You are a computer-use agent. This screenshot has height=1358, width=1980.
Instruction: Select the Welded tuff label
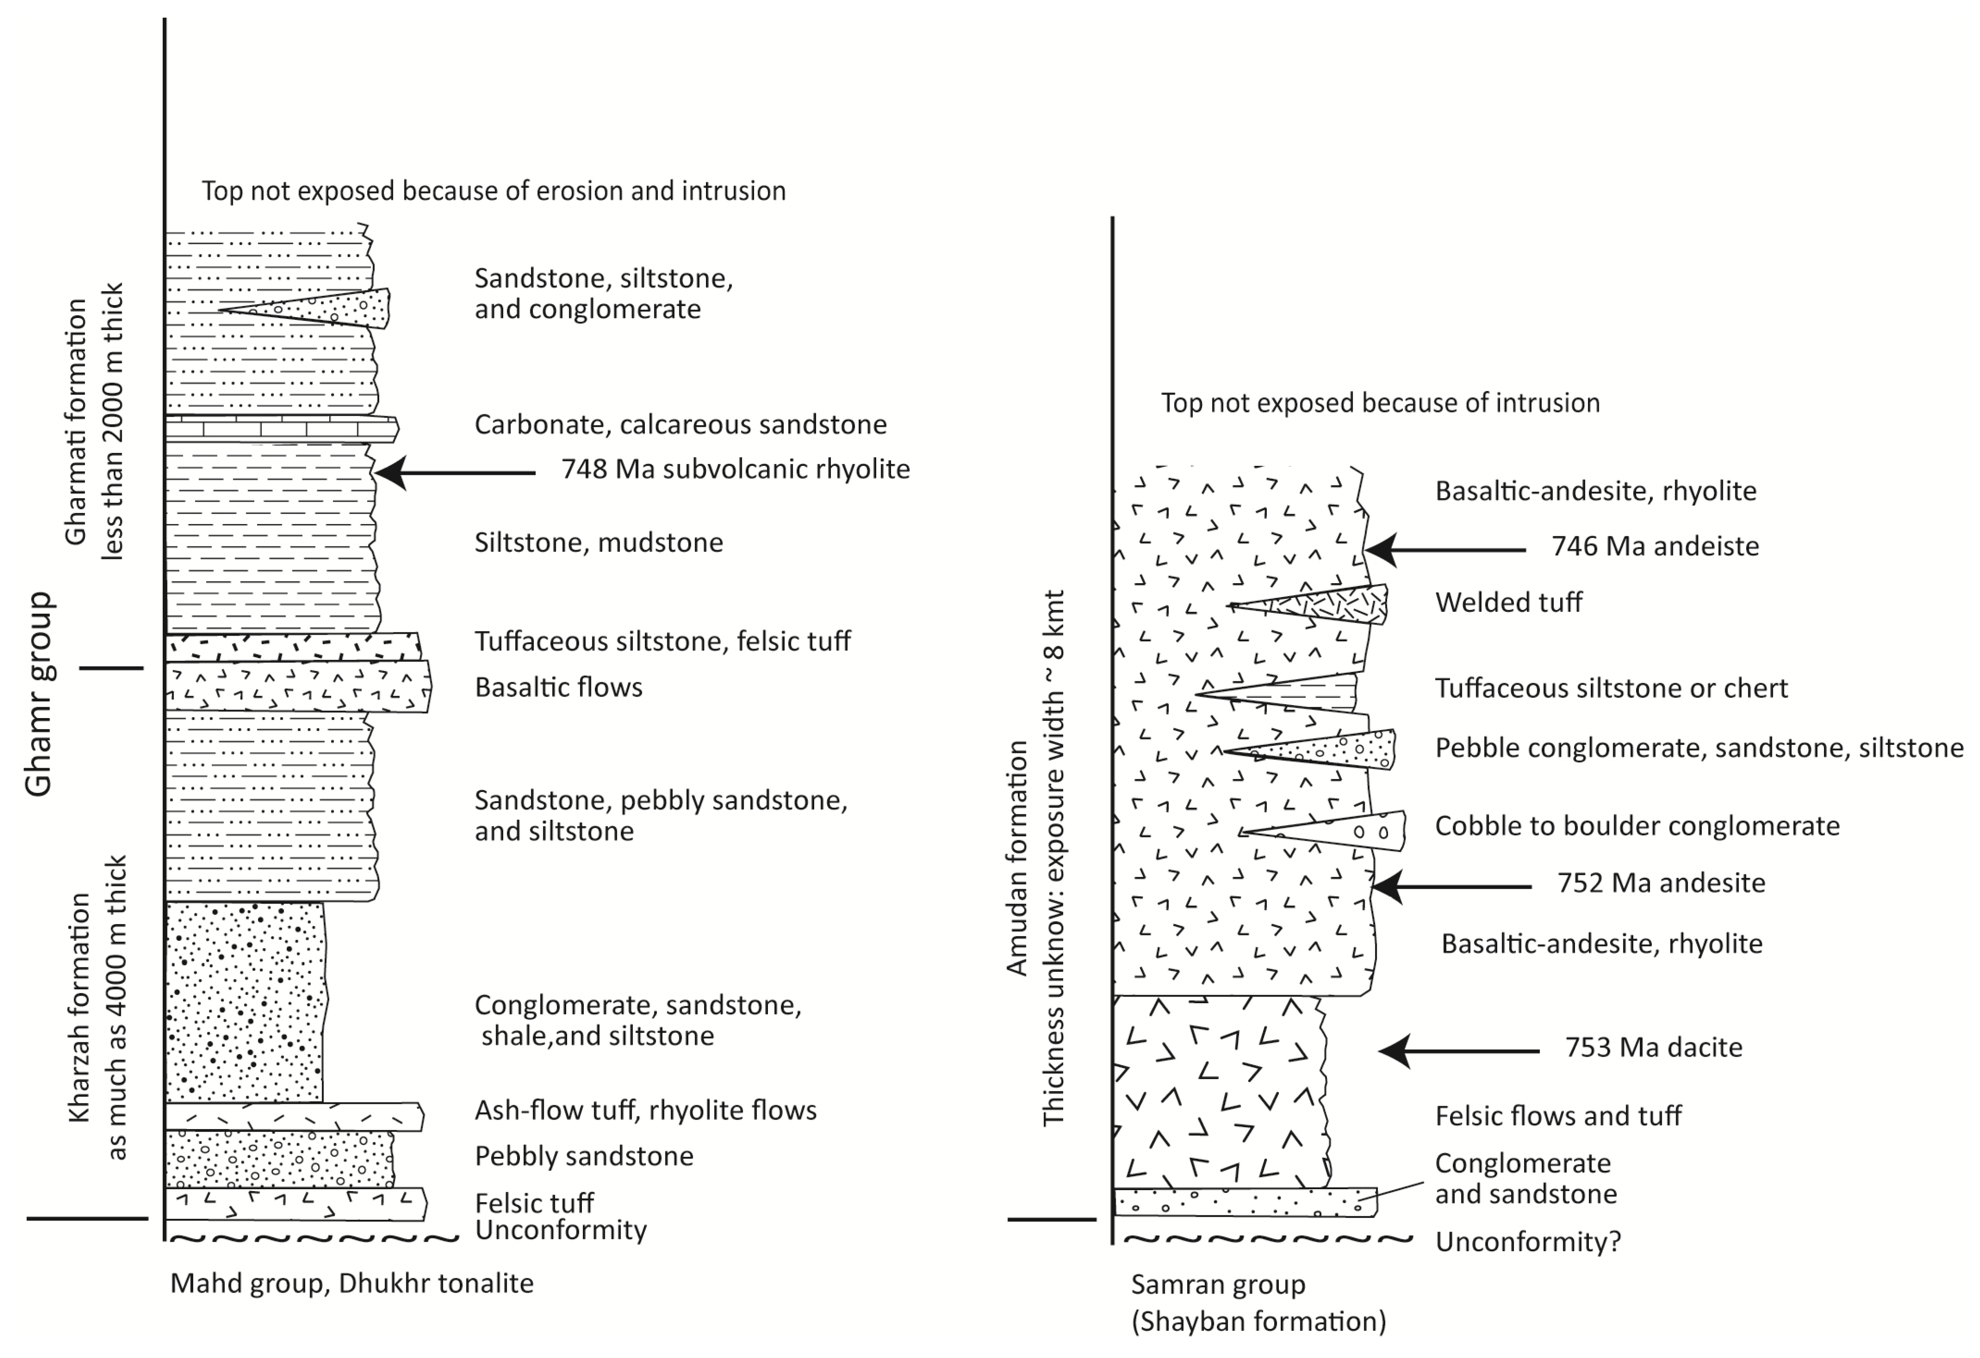pyautogui.click(x=1508, y=602)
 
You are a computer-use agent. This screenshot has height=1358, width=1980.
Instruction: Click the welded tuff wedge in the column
pyautogui.click(x=1329, y=604)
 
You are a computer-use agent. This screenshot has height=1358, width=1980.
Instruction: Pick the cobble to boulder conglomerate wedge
pyautogui.click(x=1346, y=831)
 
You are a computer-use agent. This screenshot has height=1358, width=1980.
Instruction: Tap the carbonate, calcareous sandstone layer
pyautogui.click(x=281, y=429)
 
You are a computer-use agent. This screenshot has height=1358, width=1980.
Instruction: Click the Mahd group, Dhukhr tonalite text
pyautogui.click(x=352, y=1283)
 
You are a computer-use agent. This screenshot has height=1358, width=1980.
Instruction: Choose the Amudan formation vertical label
pyautogui.click(x=1017, y=857)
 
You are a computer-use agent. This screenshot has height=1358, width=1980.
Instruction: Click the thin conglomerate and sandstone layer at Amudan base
pyautogui.click(x=1244, y=1202)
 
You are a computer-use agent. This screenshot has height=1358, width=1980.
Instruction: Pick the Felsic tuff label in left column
pyautogui.click(x=534, y=1203)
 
